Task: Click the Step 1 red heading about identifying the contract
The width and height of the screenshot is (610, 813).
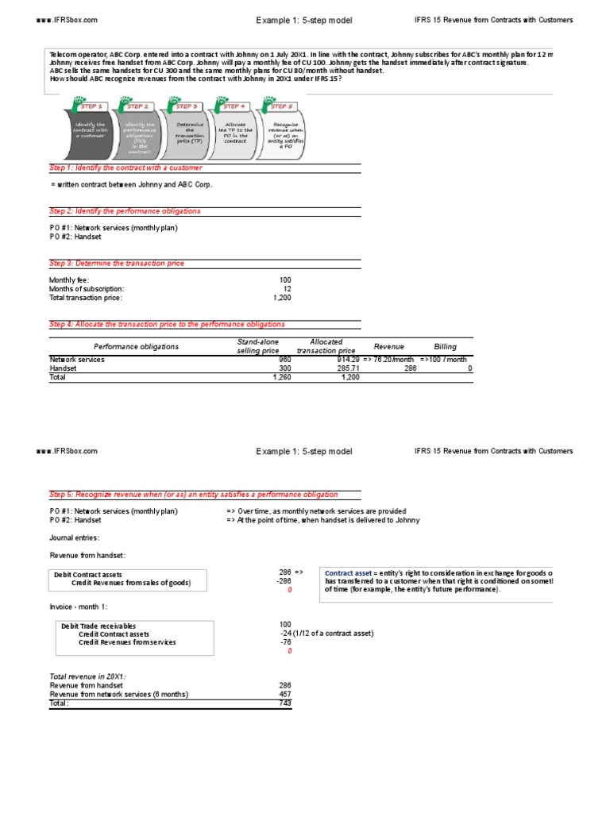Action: (125, 168)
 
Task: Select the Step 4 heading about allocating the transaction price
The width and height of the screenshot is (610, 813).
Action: (167, 325)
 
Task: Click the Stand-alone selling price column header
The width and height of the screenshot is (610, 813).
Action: (258, 346)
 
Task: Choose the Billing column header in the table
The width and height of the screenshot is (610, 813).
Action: (445, 347)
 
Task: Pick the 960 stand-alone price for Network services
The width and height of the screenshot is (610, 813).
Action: (285, 360)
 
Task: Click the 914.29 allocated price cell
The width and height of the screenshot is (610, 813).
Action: (347, 360)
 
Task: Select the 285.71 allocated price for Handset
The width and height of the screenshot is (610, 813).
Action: (347, 368)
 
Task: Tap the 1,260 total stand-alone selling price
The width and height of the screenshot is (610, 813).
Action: (282, 378)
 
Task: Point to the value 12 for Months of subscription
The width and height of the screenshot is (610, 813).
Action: (287, 289)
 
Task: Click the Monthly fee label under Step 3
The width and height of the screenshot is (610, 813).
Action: (69, 280)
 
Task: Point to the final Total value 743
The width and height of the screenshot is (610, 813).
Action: (285, 703)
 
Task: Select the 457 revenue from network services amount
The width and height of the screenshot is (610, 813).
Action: (285, 694)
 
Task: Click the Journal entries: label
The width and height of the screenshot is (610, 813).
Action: (75, 538)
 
